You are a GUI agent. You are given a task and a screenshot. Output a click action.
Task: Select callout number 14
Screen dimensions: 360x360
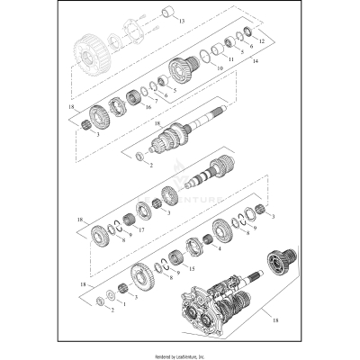pos(256,62)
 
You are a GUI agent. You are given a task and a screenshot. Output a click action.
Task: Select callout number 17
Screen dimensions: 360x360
pos(142,230)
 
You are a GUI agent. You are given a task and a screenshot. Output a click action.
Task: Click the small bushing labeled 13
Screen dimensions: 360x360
pos(166,13)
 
